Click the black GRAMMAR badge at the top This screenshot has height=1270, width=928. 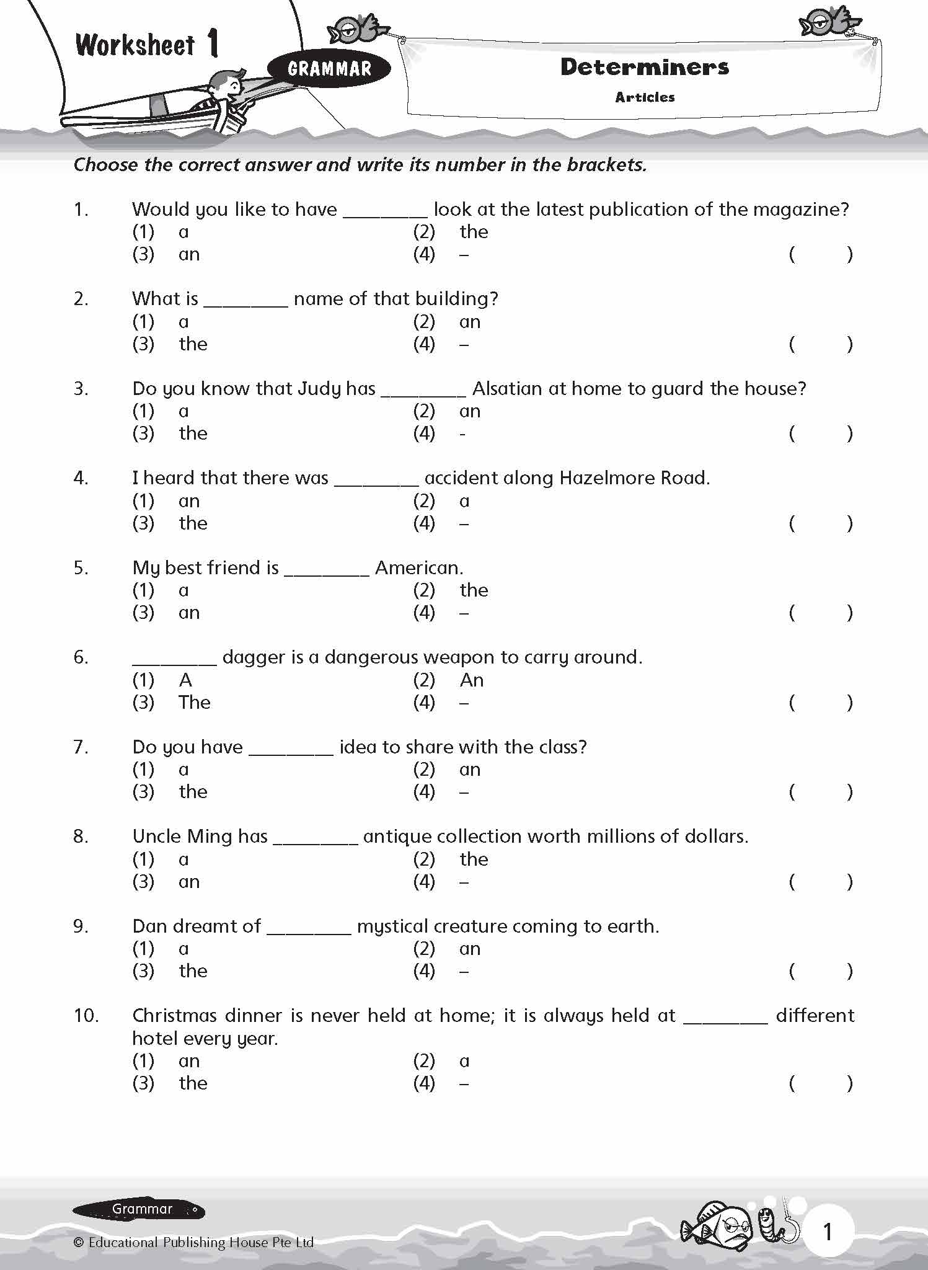(329, 69)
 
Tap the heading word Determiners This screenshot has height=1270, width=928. (645, 67)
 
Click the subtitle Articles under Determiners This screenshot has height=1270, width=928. (645, 97)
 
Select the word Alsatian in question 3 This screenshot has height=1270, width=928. (508, 389)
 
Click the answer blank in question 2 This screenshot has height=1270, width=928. (245, 301)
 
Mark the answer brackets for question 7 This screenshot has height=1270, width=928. (821, 792)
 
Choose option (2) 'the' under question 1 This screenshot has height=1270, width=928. (473, 232)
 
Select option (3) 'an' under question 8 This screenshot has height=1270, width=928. (189, 882)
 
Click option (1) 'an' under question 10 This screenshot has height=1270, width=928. (189, 1061)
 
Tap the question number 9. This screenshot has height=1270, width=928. (81, 926)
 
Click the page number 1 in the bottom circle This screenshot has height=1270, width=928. (827, 1232)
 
